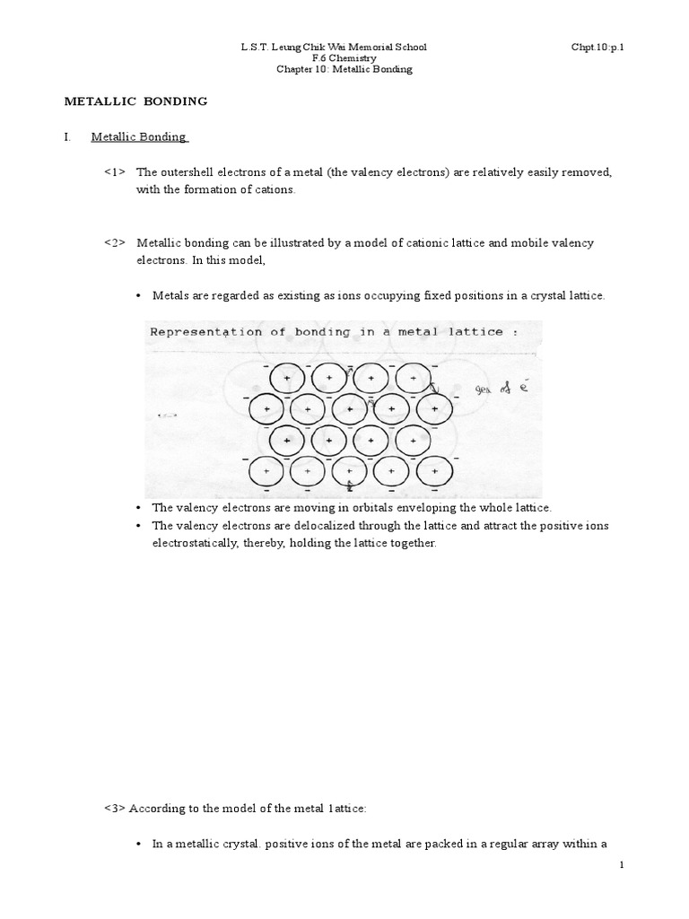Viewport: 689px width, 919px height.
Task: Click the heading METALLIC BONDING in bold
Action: click(135, 101)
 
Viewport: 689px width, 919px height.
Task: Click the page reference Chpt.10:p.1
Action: click(597, 47)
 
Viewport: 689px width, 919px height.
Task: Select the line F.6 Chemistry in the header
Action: click(344, 58)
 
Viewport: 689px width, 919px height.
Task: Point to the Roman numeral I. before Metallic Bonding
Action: click(67, 136)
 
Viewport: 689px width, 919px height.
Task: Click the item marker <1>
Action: click(115, 171)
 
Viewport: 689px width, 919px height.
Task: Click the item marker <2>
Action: click(115, 243)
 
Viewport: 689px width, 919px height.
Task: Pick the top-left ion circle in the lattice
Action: click(287, 380)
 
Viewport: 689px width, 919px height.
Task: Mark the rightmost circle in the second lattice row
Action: click(435, 409)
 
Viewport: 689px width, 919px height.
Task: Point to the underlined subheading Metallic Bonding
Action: click(139, 136)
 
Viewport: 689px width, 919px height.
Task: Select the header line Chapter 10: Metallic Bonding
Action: click(344, 70)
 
